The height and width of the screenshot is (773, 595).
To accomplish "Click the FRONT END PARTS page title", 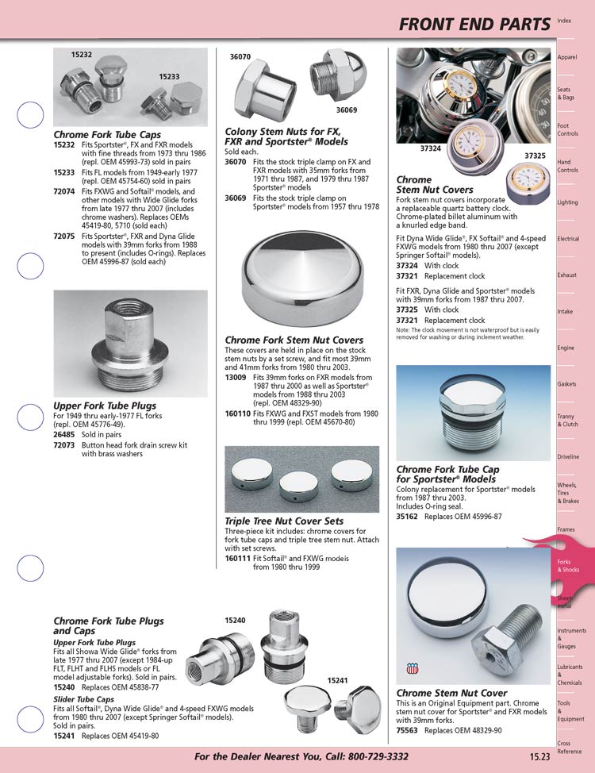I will pyautogui.click(x=474, y=25).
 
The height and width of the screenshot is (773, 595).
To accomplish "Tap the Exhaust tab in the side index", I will pyautogui.click(x=566, y=275).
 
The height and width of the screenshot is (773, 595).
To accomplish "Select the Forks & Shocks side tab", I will pyautogui.click(x=568, y=566).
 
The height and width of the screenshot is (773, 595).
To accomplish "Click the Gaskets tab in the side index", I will pyautogui.click(x=566, y=384).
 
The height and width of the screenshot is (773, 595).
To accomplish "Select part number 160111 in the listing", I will pyautogui.click(x=239, y=559).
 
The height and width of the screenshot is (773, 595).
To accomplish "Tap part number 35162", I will pyautogui.click(x=409, y=517).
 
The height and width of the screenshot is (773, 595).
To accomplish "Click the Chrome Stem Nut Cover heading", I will pyautogui.click(x=451, y=694).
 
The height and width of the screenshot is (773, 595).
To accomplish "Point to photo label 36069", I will pyautogui.click(x=346, y=110).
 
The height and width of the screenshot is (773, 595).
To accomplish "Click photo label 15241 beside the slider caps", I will pyautogui.click(x=338, y=680).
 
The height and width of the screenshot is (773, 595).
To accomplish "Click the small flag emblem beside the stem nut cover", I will pyautogui.click(x=411, y=669).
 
